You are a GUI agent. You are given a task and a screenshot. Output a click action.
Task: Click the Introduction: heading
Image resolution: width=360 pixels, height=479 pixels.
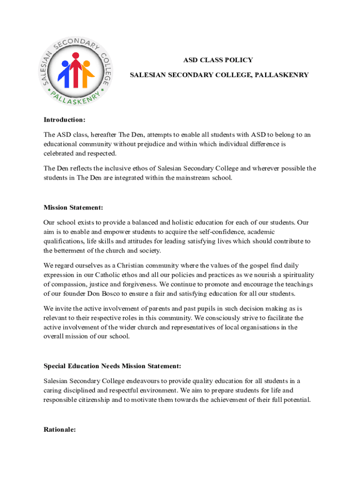(65, 119)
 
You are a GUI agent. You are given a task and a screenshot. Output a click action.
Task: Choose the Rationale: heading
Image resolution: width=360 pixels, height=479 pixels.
(60, 429)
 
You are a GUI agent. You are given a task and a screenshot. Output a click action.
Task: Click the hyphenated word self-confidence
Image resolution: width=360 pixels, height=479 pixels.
(218, 232)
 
